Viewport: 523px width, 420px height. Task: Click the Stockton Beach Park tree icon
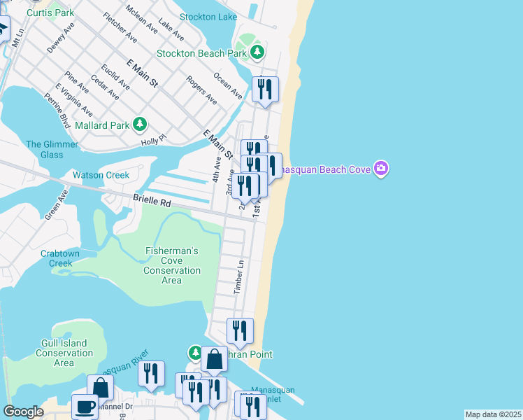[x=258, y=52]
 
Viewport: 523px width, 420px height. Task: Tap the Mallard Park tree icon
[x=140, y=125]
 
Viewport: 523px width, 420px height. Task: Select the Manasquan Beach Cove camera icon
[x=381, y=168]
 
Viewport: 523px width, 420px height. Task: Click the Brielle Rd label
[x=152, y=201]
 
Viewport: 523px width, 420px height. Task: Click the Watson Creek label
[x=101, y=175]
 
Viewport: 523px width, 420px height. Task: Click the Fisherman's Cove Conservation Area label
[x=171, y=265]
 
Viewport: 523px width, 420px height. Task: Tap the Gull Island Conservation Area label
[x=64, y=353]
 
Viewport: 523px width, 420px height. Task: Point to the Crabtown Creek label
[x=57, y=258]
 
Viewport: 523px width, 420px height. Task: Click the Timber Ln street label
[x=239, y=277]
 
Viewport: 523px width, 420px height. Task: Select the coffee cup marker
[x=85, y=407]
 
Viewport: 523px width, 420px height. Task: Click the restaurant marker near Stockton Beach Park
[x=265, y=89]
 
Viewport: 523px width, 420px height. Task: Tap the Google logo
[x=23, y=412]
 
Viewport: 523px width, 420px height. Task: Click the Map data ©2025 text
[x=493, y=414]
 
